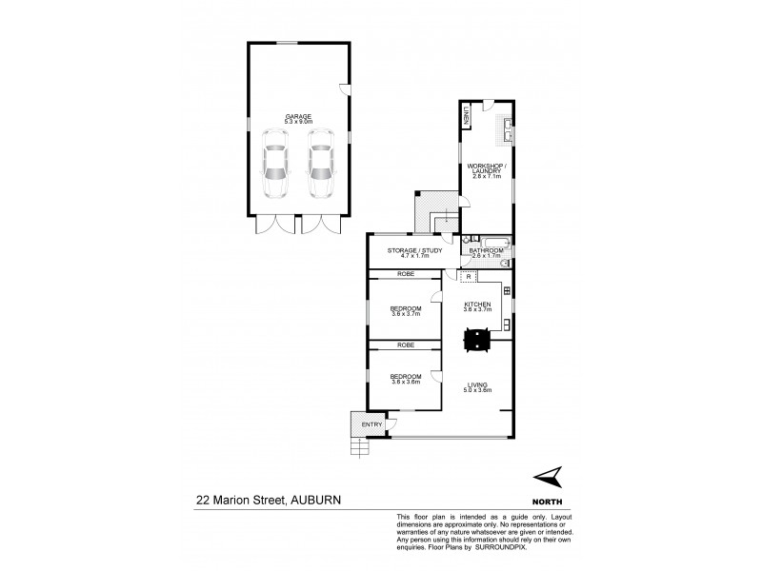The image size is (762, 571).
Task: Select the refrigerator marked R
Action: pos(469,276)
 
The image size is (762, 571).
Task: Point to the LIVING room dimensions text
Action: pos(476,389)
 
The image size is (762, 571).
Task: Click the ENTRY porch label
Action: pos(370,424)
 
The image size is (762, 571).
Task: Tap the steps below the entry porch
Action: pos(359,447)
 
